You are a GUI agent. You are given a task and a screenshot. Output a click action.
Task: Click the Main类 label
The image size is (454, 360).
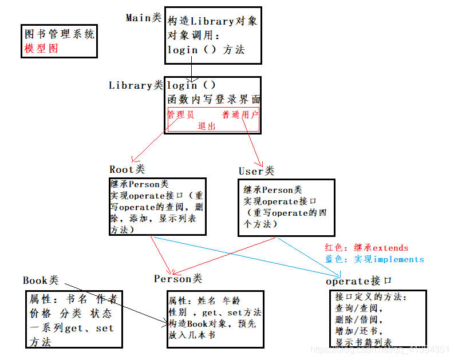pos(144,18)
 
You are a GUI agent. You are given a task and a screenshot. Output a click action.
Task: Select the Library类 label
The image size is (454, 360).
pos(136,85)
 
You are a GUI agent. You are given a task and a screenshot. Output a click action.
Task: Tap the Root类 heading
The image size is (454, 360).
pos(127,169)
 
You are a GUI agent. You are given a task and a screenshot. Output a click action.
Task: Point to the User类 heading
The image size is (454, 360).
pos(256,171)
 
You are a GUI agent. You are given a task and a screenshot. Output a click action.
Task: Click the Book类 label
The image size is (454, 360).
pos(41,280)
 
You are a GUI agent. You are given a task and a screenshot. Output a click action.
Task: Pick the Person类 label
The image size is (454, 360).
pos(177,279)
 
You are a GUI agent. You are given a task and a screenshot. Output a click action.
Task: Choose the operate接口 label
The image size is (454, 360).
pos(358,281)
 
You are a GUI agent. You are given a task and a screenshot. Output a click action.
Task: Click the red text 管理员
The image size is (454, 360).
pos(181,114)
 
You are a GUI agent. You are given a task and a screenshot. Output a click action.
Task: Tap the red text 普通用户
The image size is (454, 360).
pos(240,114)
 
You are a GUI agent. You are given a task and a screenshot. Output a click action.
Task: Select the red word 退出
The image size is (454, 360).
pos(207,126)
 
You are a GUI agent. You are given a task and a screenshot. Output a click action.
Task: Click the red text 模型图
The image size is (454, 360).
pos(41,48)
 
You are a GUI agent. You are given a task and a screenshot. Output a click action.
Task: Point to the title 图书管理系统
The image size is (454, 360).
pos(60,34)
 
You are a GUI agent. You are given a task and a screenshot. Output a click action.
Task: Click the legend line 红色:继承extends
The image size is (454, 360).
pos(366,248)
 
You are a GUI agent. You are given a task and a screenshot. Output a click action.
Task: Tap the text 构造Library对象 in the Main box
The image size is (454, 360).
pos(212,22)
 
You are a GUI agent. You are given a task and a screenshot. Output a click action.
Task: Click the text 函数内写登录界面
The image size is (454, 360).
pos(213,99)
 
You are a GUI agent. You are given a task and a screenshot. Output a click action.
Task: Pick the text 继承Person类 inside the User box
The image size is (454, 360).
pos(273,190)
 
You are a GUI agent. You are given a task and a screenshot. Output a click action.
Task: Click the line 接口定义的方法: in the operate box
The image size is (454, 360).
pos(370,297)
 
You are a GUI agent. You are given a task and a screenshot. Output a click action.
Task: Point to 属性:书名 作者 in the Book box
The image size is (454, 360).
pos(73,299)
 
